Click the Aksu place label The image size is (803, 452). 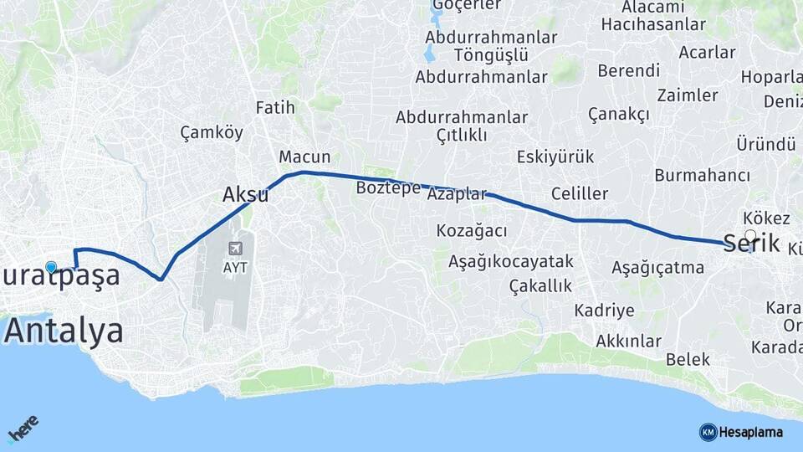pos(245,195)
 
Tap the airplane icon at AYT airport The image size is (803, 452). pos(237,249)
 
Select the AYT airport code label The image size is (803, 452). pos(237,268)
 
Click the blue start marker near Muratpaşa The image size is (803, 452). pos(51,268)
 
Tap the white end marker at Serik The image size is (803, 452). pos(750,236)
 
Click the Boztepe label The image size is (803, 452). pos(388,187)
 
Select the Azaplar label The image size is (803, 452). pos(456,194)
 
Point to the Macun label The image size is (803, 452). pos(304,157)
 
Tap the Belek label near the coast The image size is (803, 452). pos(688,360)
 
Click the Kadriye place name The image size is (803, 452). pos(604,311)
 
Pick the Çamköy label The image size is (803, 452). pos(212,132)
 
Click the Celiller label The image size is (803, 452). pos(580,194)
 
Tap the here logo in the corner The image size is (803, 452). pos(23,430)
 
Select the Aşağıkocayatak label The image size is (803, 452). pos(510,261)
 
